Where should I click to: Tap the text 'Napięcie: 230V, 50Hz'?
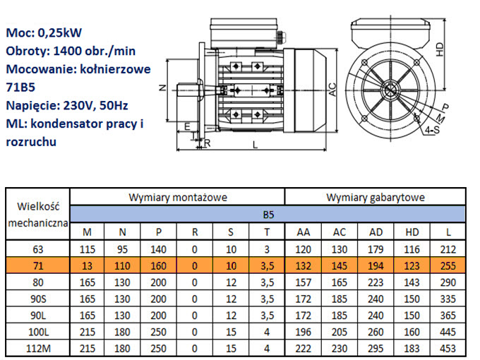coord(66,106)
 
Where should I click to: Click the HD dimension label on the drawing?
coord(439,49)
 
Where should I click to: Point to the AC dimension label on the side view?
coord(332,88)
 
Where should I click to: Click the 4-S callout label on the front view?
coord(434,131)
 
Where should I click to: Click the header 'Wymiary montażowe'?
coord(178,198)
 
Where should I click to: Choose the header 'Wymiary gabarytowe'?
coord(375,198)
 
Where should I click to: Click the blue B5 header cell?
coord(268,214)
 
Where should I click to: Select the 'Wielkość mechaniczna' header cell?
coord(39,214)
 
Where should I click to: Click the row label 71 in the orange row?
coord(39,265)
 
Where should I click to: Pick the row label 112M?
coord(39,349)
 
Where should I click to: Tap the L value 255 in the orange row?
coord(447,265)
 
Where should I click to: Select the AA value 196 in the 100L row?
coord(304,332)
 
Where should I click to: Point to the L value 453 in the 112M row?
coord(447,349)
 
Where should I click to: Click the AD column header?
coord(375,232)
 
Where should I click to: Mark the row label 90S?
coord(39,298)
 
